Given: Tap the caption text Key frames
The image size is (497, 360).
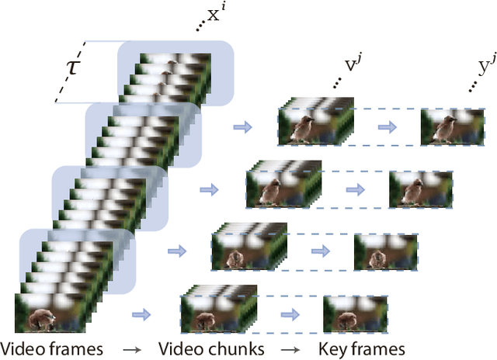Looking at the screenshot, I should (362, 348).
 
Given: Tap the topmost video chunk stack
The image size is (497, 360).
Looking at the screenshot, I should (315, 126).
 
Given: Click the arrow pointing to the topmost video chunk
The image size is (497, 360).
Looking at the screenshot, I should (243, 126).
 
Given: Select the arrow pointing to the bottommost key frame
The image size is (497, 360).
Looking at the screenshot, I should (291, 314).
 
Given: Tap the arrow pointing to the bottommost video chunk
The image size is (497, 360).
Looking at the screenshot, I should (141, 314).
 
